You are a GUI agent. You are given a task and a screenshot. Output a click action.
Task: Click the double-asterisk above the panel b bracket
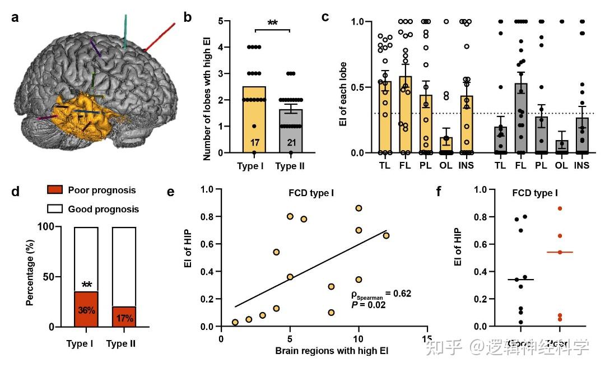pos(273,22)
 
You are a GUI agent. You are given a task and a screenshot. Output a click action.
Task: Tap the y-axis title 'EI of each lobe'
pos(343,87)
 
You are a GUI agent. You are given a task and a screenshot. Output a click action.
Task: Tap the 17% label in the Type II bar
pos(124,319)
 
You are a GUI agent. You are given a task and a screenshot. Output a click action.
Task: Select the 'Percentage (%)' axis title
pos(31,277)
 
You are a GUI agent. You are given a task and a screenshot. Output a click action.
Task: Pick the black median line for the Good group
pos(520,280)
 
